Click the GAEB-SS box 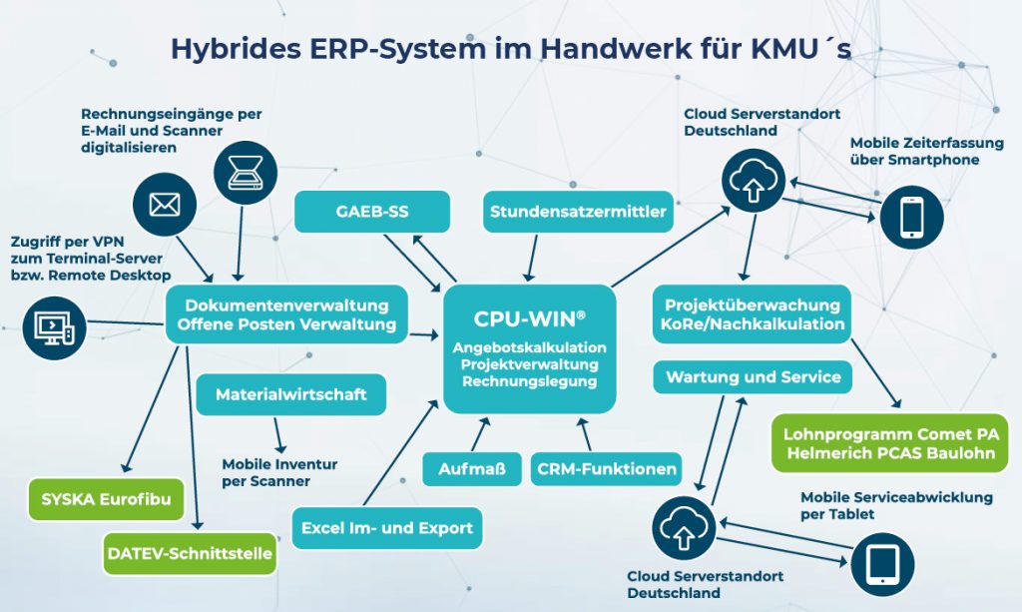(x=372, y=212)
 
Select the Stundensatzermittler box (x=577, y=212)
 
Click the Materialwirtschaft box (x=290, y=394)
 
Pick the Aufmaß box (x=472, y=468)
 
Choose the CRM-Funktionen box (x=607, y=468)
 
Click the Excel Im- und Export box (x=387, y=528)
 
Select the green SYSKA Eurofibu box (x=105, y=498)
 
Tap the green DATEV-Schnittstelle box (x=189, y=554)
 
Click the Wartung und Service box (x=753, y=377)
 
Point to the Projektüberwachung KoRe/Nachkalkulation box (x=753, y=313)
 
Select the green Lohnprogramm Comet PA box (x=890, y=443)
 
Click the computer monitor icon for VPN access (x=51, y=324)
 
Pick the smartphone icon (x=908, y=217)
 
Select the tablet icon (x=883, y=564)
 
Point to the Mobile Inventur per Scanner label (x=279, y=472)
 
